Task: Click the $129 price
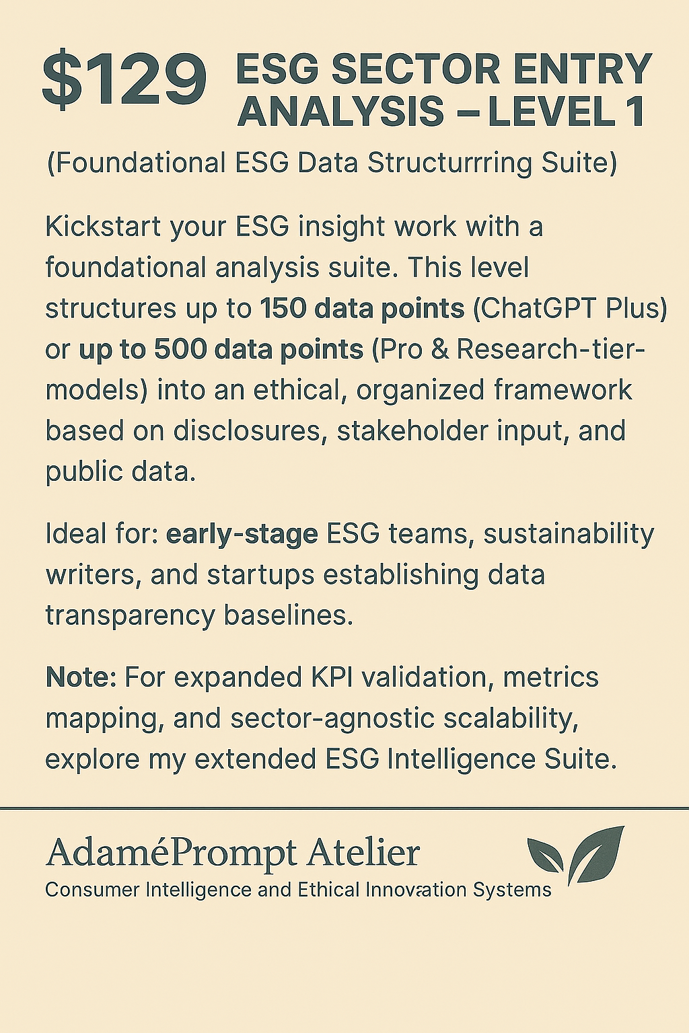[x=124, y=79]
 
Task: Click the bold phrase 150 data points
[x=362, y=309]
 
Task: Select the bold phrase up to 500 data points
[x=221, y=350]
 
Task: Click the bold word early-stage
[x=242, y=535]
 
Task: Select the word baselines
[x=289, y=616]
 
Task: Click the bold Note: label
[x=81, y=677]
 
